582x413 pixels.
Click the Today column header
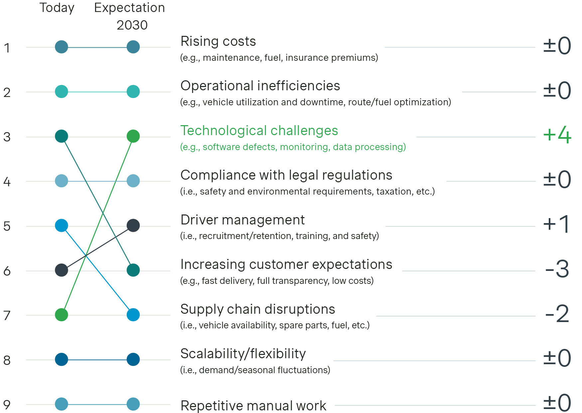pos(57,8)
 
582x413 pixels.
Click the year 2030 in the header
pos(132,25)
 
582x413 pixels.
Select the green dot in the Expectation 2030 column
pos(133,136)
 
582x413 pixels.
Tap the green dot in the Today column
pos(62,315)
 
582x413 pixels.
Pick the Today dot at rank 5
pos(62,225)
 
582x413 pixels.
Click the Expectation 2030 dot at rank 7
pos(133,315)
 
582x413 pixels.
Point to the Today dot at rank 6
pos(62,270)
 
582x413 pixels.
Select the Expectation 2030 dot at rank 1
pos(133,47)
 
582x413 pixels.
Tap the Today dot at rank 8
pos(62,359)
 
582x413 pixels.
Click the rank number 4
pos(7,182)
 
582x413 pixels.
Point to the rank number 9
pos(7,405)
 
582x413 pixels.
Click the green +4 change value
pos(557,135)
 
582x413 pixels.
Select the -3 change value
pos(557,269)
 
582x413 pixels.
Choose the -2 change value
pos(557,314)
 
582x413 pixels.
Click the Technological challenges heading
pos(259,131)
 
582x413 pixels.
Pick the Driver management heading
pos(242,220)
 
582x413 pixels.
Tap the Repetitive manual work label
pos(253,406)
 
